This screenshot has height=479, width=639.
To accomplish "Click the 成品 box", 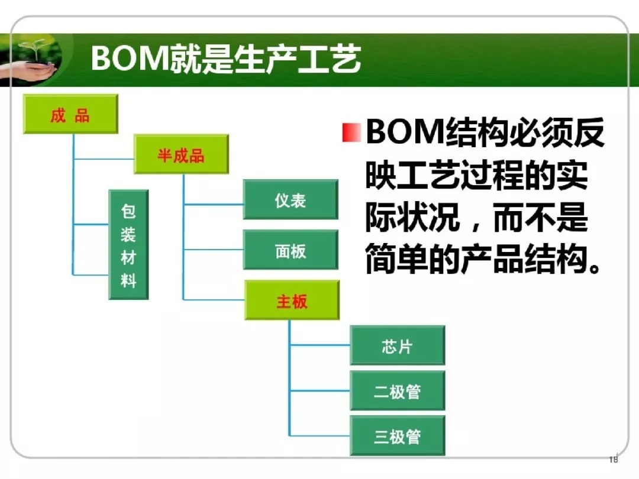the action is pos(70,114).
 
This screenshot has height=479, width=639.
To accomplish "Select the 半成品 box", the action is pos(181,154).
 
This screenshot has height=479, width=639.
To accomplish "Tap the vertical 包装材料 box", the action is pos(128,245).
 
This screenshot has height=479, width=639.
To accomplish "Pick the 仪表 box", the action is pos(291,200).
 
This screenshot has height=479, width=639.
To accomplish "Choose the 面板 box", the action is pos(291,250).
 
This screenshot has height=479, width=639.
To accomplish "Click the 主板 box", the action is pos(292,300).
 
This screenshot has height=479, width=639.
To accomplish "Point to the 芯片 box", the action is pos(398,345).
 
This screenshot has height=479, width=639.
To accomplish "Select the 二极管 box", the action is pos(398,391).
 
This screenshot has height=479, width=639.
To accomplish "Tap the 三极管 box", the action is pos(398,436).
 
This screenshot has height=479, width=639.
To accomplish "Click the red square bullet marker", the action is pos(351,133).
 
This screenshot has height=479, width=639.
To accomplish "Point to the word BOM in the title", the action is pos(130,58).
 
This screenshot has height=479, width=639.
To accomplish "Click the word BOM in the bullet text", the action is pos(405,132).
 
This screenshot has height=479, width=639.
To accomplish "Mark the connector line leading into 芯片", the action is pos(320,345).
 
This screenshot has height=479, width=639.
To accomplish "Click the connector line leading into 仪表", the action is pos(214,204).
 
